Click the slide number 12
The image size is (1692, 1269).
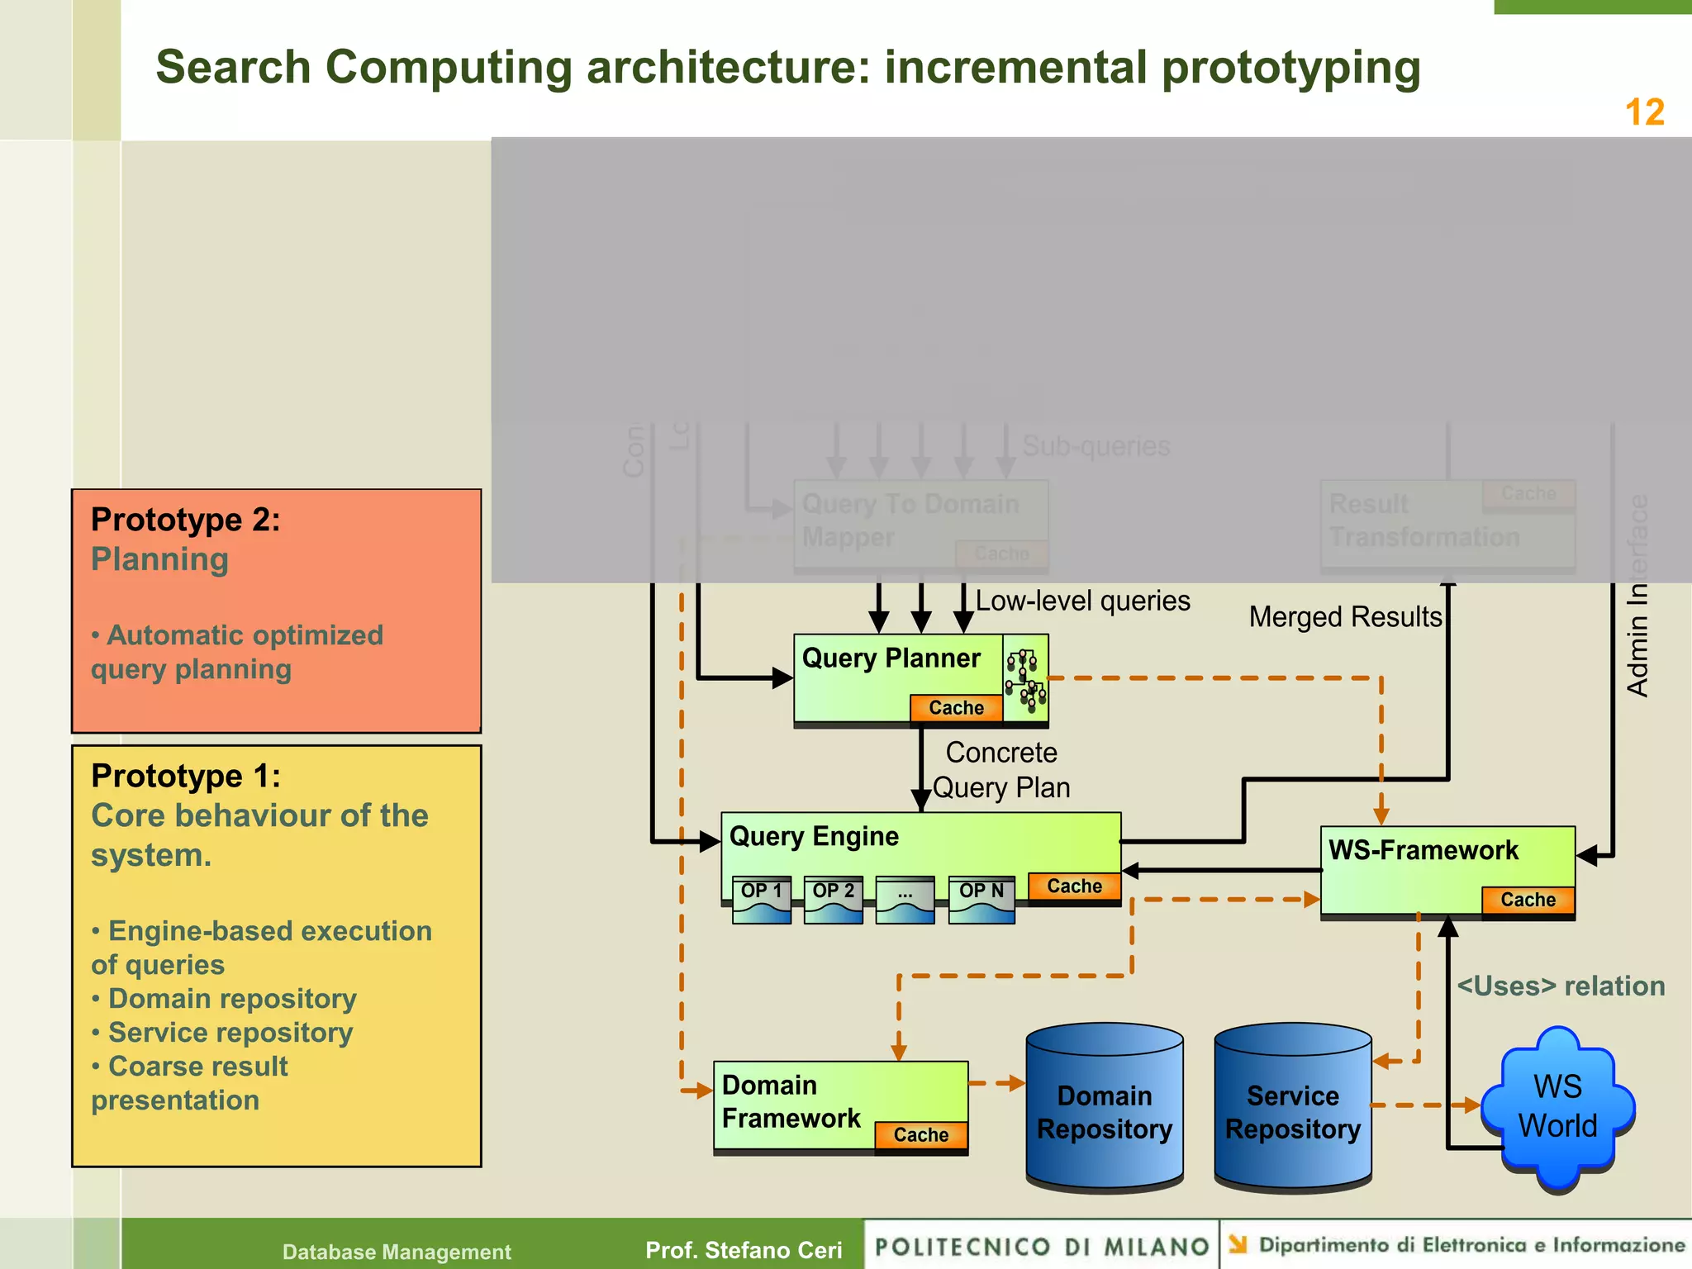click(1644, 112)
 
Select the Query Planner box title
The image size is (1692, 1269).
click(891, 658)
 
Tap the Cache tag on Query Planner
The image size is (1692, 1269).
click(956, 708)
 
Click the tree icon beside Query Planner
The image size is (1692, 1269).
click(1025, 679)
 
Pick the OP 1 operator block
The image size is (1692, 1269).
click(761, 899)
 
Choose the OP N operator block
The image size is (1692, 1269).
click(981, 899)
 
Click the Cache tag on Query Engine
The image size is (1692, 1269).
click(1074, 886)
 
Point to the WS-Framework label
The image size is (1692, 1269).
click(1423, 850)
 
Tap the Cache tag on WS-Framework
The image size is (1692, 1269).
click(1528, 900)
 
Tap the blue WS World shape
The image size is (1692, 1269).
click(1557, 1107)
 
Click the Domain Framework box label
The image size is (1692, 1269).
click(791, 1101)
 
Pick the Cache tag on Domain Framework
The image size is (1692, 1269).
click(920, 1135)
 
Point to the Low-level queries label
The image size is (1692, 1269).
click(1082, 601)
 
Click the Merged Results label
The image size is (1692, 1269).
click(1345, 617)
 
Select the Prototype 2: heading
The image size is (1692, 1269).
click(186, 520)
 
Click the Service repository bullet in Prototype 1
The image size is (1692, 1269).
click(231, 1033)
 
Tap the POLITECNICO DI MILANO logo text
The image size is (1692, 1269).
click(1042, 1246)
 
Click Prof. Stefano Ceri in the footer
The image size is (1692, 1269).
click(744, 1250)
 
